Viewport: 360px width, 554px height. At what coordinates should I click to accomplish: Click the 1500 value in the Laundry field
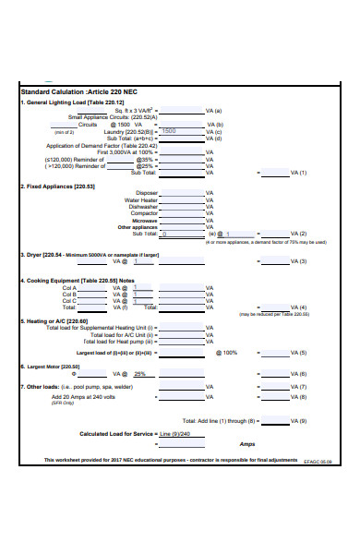(x=168, y=131)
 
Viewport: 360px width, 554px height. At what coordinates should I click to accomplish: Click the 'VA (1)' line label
(x=298, y=173)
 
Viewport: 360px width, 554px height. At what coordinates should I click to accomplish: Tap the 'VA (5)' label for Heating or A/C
(x=298, y=353)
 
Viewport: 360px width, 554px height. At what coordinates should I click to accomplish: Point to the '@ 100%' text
(x=226, y=353)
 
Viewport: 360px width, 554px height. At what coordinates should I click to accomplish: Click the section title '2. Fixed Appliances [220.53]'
(x=57, y=186)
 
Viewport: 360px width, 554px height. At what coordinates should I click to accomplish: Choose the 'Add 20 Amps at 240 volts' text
(x=83, y=396)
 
